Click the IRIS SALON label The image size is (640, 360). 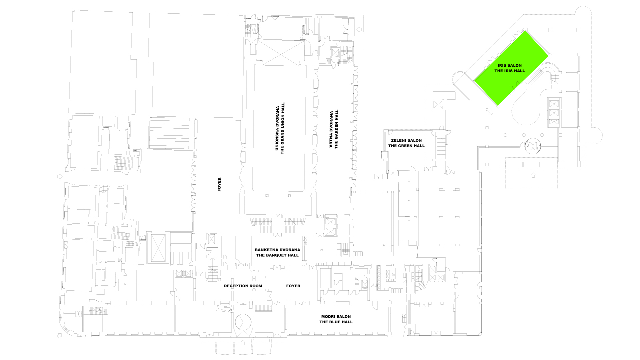(x=509, y=65)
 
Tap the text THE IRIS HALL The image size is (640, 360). (x=509, y=71)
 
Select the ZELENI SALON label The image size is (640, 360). (x=406, y=140)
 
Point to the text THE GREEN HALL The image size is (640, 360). (x=406, y=146)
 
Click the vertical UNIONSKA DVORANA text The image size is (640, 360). (x=277, y=129)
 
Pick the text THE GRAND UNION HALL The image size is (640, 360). (x=282, y=129)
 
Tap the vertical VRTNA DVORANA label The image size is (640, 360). (x=331, y=129)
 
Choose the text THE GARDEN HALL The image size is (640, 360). (x=336, y=129)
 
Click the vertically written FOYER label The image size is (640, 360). (x=219, y=184)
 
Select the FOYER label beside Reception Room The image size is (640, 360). (x=293, y=286)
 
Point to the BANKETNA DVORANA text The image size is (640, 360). (x=277, y=250)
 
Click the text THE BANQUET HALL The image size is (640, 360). (x=277, y=255)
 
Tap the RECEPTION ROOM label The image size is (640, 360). (x=243, y=286)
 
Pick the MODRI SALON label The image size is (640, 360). (x=336, y=316)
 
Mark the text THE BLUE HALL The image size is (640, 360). (x=336, y=322)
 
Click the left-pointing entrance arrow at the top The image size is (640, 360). (x=359, y=29)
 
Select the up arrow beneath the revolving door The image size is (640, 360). (x=532, y=175)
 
